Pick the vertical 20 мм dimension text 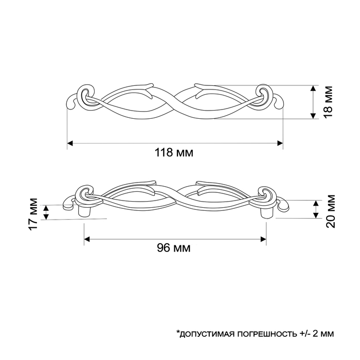coord(331,210)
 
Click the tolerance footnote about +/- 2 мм coord(255,334)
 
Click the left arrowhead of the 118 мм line coord(70,142)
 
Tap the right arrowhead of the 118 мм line coord(280,142)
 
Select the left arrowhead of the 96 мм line coord(87,239)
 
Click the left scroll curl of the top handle coord(85,96)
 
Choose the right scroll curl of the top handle coord(265,96)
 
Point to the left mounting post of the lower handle coord(83,210)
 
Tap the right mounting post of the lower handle coord(268,210)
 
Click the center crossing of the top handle coord(174,100)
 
